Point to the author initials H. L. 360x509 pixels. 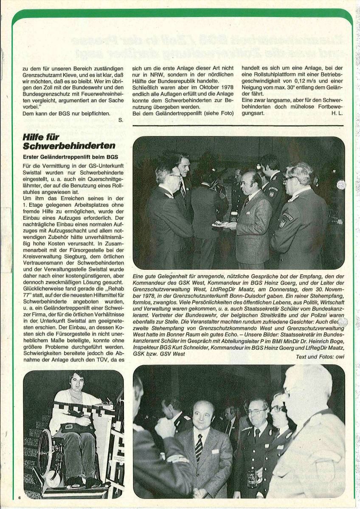coord(338,113)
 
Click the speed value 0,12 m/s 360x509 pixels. coord(291,80)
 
